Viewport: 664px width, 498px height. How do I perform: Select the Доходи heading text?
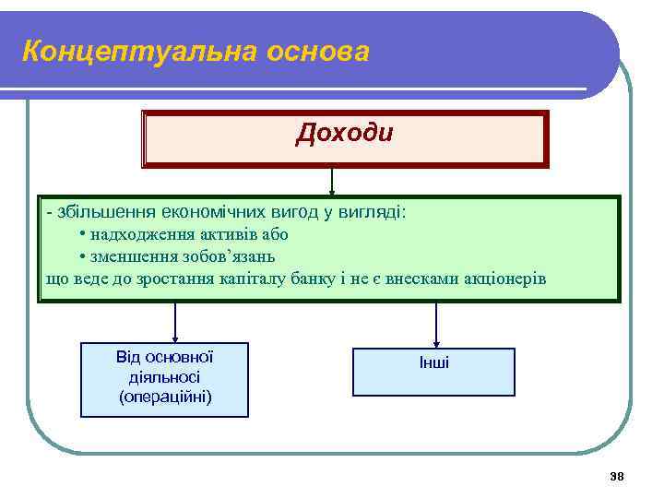point(344,134)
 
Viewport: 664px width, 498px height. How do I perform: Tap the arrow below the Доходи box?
point(332,182)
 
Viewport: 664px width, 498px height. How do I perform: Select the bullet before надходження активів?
point(83,235)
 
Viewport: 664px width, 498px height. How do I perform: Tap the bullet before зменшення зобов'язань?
point(83,257)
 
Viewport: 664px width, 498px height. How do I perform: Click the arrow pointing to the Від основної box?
point(175,324)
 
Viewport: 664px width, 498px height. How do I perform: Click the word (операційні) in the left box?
point(165,397)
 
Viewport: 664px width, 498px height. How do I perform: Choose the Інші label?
point(433,363)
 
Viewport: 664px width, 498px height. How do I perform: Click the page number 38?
point(617,476)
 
